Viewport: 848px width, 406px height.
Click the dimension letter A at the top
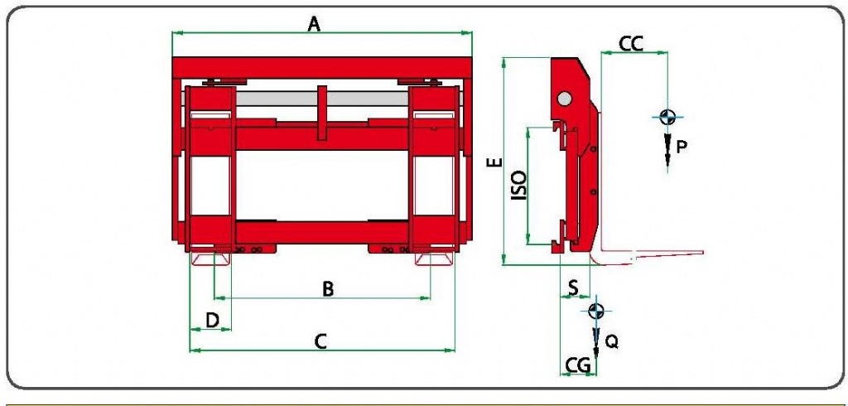[x=314, y=24]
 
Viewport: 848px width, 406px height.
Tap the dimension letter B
[x=328, y=290]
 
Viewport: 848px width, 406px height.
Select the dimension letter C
[x=320, y=341]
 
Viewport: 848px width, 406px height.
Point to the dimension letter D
[x=213, y=321]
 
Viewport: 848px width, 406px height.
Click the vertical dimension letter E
[x=496, y=162]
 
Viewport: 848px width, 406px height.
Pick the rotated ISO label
[x=518, y=186]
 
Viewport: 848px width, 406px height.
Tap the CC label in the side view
[x=631, y=44]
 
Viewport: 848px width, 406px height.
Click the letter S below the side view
[x=573, y=288]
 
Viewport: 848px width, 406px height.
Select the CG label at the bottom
[x=577, y=365]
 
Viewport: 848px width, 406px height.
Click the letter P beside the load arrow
[x=682, y=146]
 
